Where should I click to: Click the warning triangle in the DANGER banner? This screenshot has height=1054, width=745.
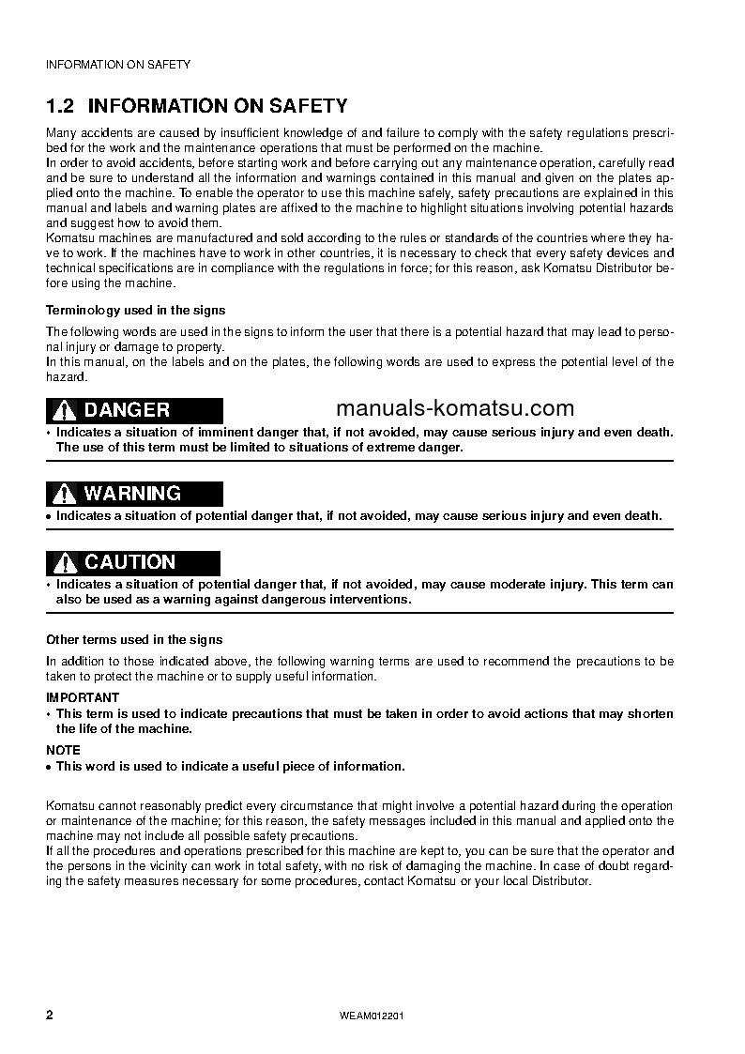(64, 410)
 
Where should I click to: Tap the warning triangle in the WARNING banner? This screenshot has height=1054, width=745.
(64, 494)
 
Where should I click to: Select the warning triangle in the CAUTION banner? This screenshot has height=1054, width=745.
(64, 563)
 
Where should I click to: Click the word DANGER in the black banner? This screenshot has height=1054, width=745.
(127, 410)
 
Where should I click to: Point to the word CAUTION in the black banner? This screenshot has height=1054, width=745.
(129, 563)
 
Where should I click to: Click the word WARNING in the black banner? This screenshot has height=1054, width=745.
(132, 494)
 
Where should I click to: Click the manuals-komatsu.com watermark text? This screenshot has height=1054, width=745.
(454, 408)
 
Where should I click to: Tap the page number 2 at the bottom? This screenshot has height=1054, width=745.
(50, 1016)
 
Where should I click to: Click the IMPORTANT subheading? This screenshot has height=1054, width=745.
(83, 697)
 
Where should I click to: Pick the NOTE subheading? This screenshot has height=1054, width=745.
(63, 750)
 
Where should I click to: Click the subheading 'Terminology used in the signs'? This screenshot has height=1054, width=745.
(135, 310)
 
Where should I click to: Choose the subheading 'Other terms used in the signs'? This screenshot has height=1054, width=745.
(134, 639)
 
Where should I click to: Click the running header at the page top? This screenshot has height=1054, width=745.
(118, 65)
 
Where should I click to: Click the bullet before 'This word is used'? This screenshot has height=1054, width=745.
(49, 767)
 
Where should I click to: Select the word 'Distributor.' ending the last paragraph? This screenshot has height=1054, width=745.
(560, 882)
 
